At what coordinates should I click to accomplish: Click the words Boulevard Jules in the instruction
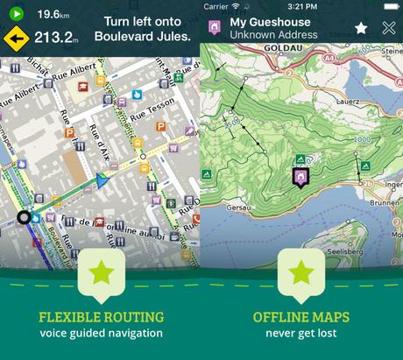[147, 37]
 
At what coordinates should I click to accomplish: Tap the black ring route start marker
[25, 216]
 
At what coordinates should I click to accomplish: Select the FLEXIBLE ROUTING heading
[101, 316]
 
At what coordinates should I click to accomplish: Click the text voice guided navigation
[101, 333]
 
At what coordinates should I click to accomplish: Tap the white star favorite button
[361, 28]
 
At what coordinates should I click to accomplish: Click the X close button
[389, 28]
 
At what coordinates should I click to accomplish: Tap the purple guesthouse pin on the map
[300, 178]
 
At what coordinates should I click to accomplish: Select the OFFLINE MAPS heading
[301, 316]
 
